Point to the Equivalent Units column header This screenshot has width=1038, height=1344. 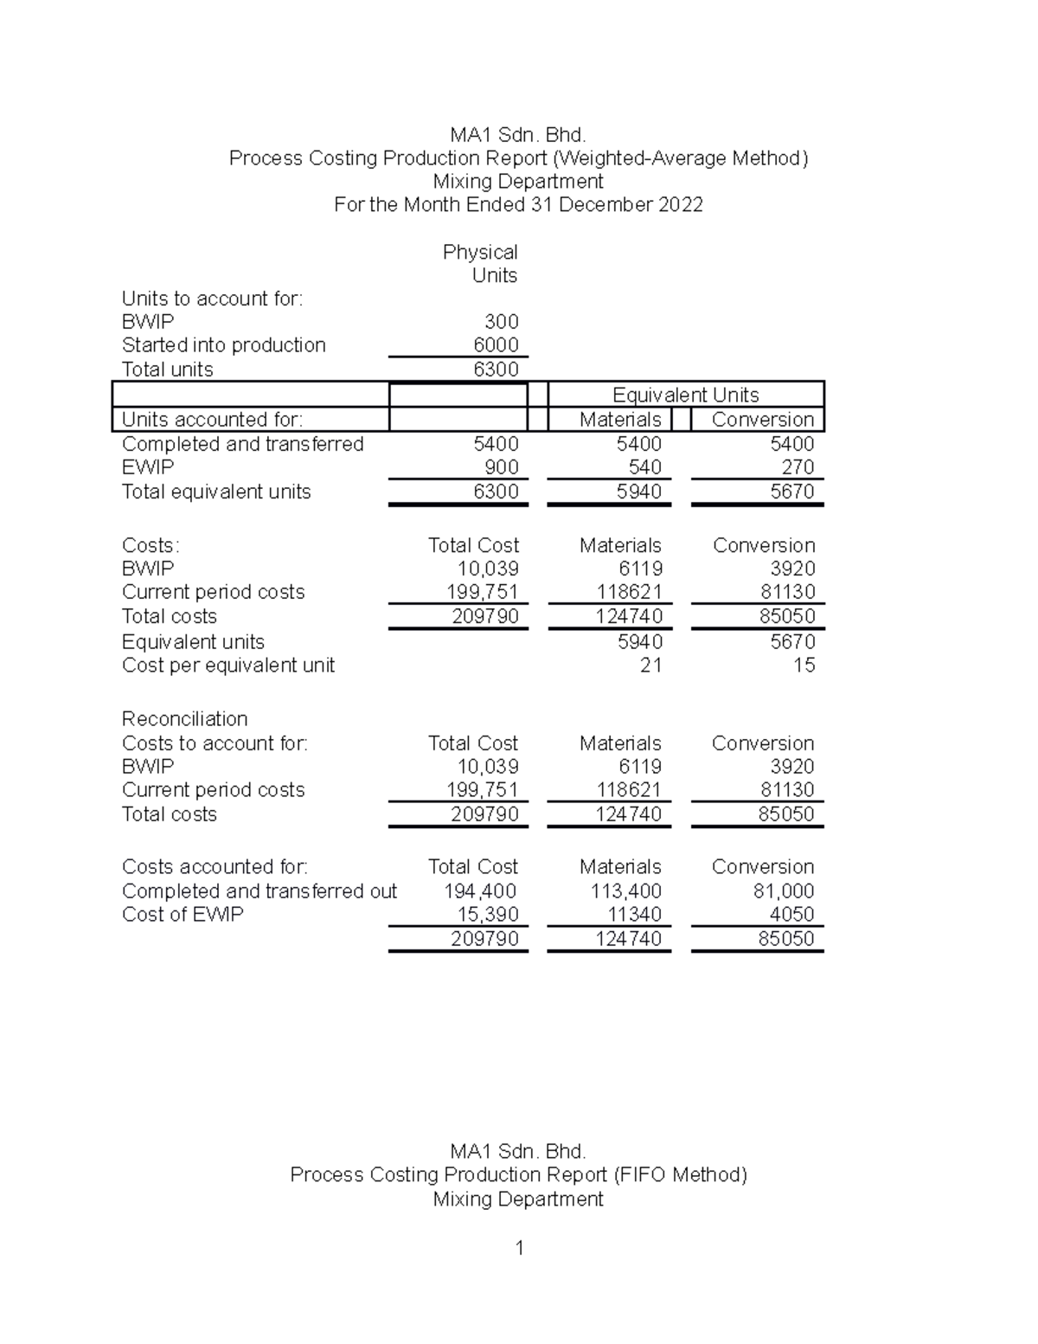tap(685, 395)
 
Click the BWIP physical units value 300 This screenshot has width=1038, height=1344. tap(501, 322)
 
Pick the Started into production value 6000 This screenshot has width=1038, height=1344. tap(496, 345)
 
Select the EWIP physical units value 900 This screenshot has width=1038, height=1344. tap(501, 467)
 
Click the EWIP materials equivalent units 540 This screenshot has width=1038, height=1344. tap(644, 467)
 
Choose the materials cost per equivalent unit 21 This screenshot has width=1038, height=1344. tap(650, 666)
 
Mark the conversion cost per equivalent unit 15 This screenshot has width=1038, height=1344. tap(804, 666)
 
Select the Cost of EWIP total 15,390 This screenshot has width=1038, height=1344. tap(487, 915)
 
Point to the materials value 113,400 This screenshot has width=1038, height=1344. tap(625, 891)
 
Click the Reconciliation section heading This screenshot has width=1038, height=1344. tap(184, 719)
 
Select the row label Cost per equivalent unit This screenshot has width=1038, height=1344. tap(227, 666)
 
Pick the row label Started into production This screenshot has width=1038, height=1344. tap(223, 345)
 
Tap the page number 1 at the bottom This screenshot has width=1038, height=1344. tap(519, 1248)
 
